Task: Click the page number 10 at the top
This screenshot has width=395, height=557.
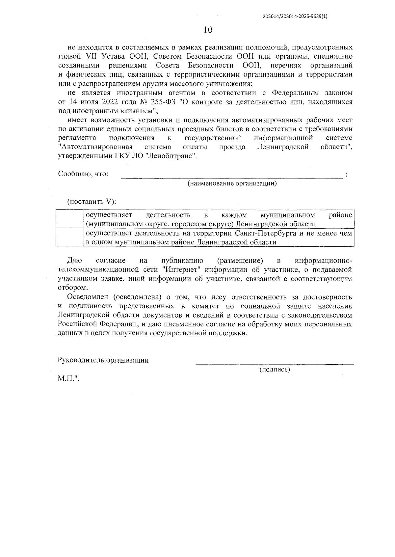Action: tap(208, 30)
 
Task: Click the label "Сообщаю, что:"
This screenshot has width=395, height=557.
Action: tap(83, 174)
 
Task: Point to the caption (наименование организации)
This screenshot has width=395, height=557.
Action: tap(232, 183)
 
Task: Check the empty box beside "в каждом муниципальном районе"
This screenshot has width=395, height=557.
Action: tap(69, 219)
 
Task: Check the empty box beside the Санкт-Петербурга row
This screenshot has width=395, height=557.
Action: tap(69, 237)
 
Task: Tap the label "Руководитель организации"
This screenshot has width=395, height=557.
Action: tap(103, 360)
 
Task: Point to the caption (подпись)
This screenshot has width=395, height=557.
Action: tap(275, 369)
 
